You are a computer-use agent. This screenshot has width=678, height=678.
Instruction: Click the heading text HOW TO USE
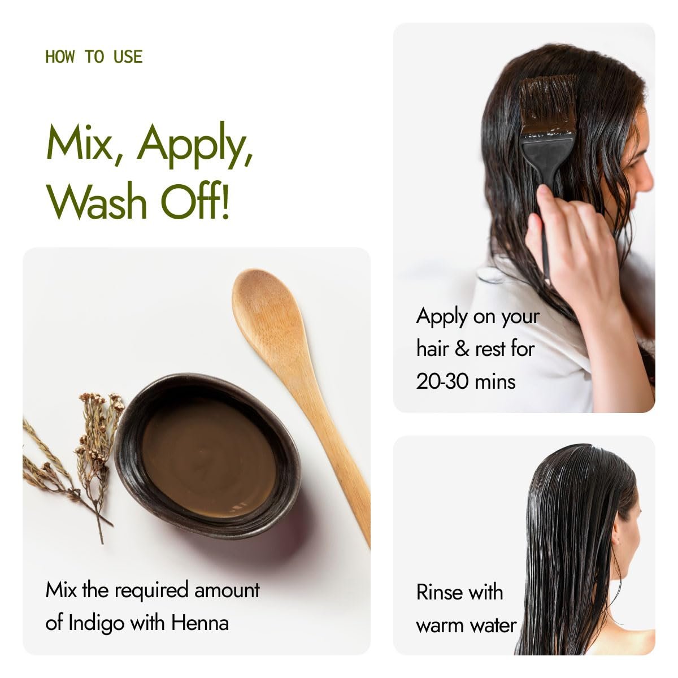94,57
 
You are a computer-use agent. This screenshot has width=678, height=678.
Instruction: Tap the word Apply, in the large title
195,145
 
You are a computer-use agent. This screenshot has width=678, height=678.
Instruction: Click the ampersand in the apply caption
462,349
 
